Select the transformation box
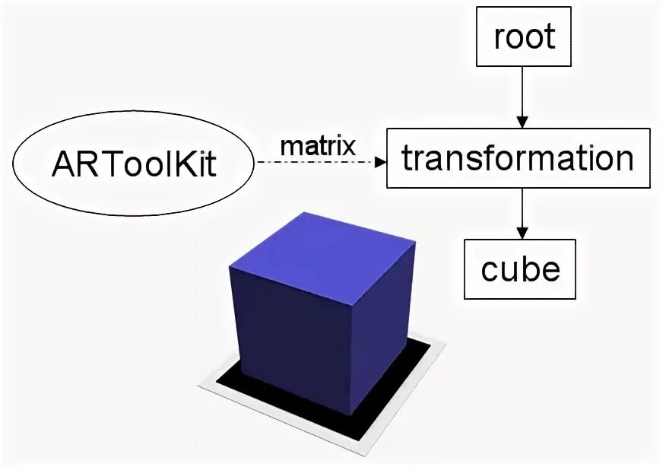pyautogui.click(x=519, y=158)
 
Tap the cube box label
pyautogui.click(x=521, y=268)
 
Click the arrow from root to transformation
pyautogui.click(x=522, y=95)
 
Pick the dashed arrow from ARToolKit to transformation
pyautogui.click(x=319, y=162)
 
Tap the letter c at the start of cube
pyautogui.click(x=490, y=272)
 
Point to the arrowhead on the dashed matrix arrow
pyautogui.click(x=380, y=162)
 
